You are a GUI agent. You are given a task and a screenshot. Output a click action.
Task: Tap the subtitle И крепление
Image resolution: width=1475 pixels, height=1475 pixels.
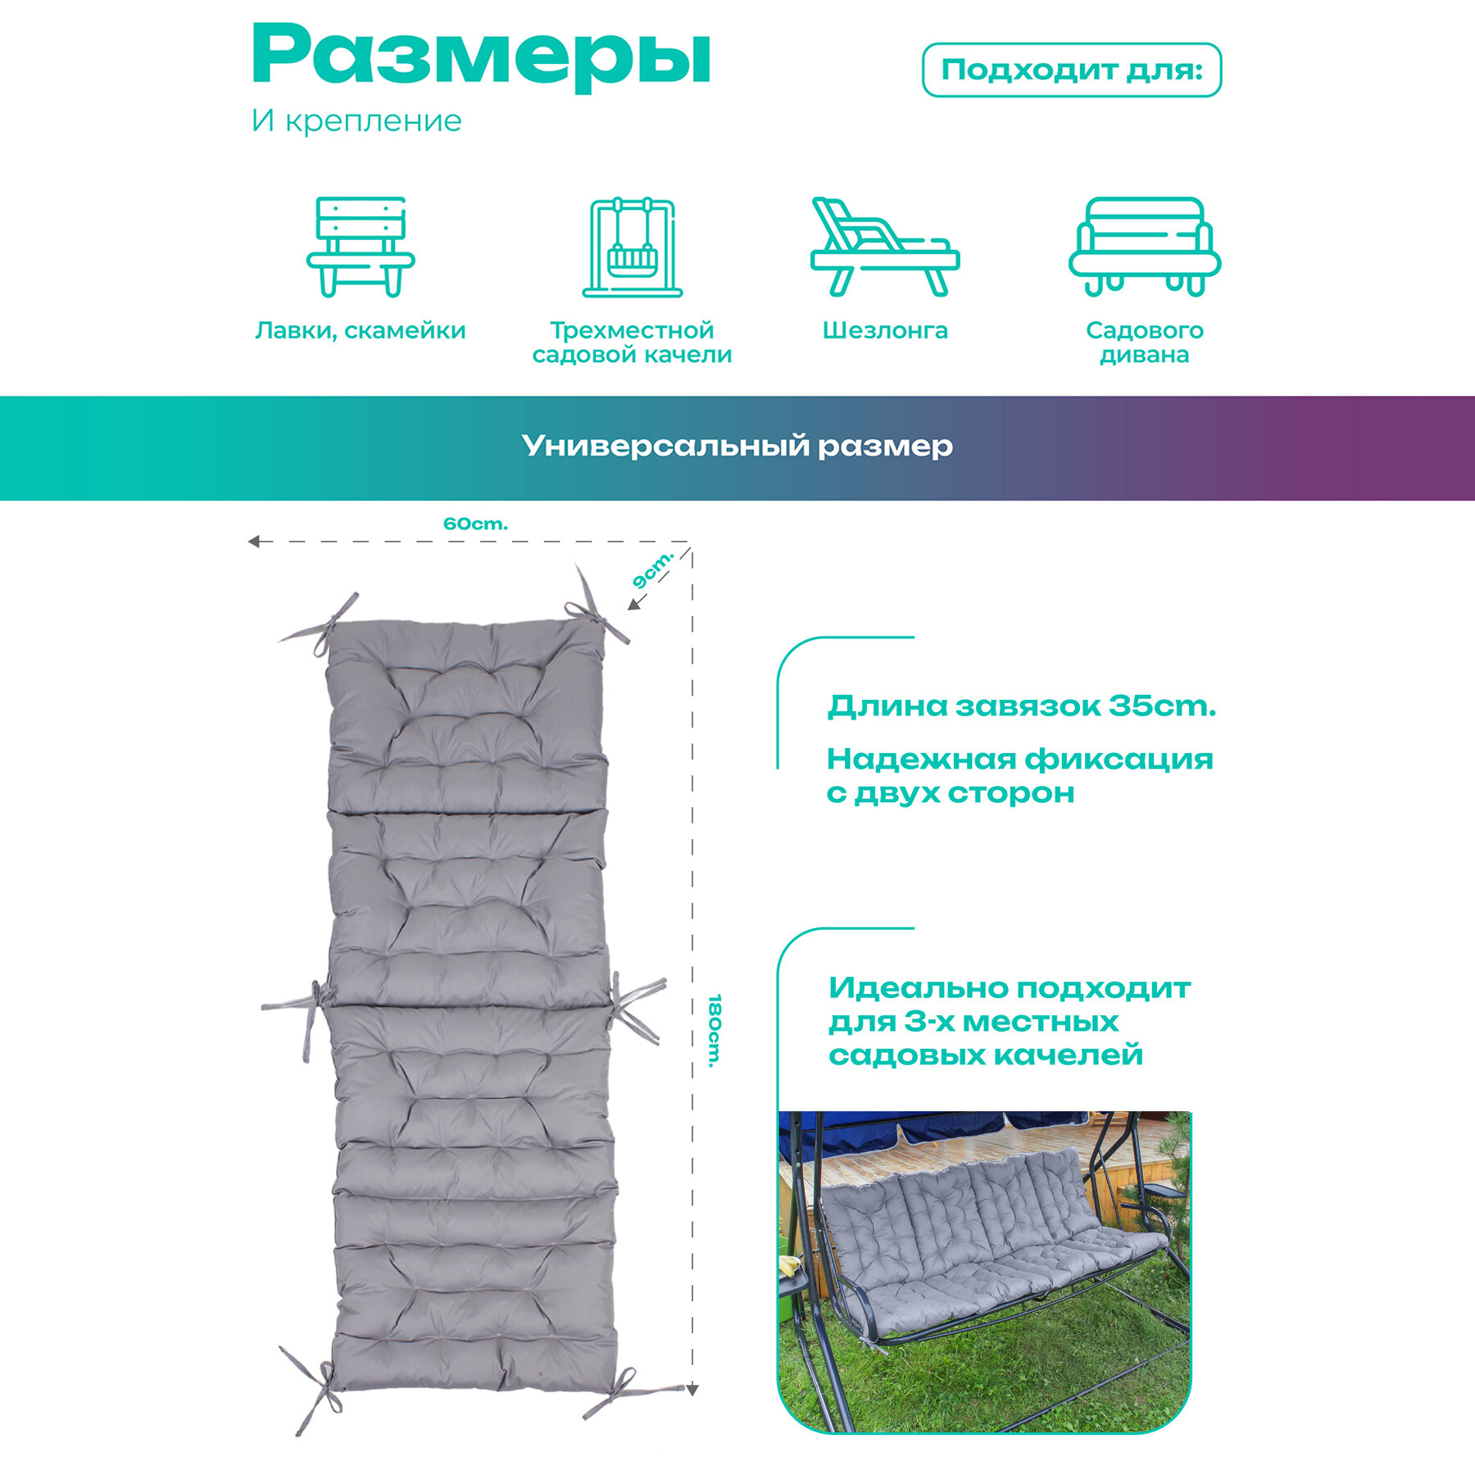(x=356, y=121)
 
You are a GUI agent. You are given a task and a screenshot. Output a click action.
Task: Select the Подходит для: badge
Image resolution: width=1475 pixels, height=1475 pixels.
(x=1071, y=70)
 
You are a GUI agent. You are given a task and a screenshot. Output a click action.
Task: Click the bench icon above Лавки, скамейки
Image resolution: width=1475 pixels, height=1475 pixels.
(x=361, y=246)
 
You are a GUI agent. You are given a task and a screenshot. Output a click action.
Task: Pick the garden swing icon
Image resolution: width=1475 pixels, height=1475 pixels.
(x=632, y=247)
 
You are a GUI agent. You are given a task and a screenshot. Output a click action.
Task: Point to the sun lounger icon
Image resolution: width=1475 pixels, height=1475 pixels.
(x=884, y=247)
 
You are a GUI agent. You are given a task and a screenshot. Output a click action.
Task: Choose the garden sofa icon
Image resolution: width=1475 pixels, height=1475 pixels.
(x=1144, y=247)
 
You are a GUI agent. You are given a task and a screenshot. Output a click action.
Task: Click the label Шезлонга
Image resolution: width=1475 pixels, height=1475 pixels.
(x=885, y=330)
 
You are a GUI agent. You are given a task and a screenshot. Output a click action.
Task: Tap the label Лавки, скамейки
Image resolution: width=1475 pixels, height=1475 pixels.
(x=361, y=330)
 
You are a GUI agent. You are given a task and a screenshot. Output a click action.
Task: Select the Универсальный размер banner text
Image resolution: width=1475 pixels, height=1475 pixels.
(x=737, y=446)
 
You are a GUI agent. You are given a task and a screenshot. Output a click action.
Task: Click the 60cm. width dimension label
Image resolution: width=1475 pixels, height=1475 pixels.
(x=475, y=524)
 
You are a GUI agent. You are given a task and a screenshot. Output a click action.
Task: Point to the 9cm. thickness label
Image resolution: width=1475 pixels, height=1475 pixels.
(x=652, y=570)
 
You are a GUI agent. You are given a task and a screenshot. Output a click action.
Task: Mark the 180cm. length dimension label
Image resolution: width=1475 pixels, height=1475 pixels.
(x=715, y=1031)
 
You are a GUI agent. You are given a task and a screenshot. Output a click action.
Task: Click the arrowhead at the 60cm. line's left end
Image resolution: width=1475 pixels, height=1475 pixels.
(x=254, y=542)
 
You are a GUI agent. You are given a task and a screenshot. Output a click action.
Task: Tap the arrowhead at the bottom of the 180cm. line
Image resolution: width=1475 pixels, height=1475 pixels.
(x=692, y=1390)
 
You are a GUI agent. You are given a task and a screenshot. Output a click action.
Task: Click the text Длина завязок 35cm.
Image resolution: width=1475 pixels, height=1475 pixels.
(x=1021, y=706)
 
